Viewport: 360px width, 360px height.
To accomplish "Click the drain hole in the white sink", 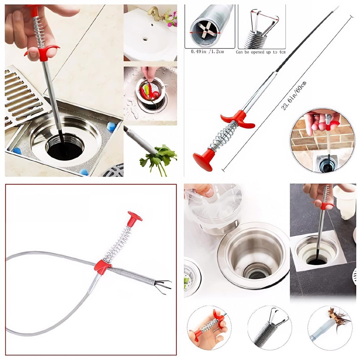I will click(x=145, y=39).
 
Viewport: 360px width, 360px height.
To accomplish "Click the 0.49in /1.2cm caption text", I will click(x=207, y=52).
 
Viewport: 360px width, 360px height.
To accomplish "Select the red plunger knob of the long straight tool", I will click(x=203, y=160).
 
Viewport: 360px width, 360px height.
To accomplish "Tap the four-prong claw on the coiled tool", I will click(x=163, y=286).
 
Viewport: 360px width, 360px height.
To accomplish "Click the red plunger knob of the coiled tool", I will click(x=134, y=217).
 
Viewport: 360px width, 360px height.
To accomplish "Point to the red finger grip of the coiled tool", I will click(x=102, y=267).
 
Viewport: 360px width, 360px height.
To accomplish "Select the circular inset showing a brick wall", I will click(x=322, y=140).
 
